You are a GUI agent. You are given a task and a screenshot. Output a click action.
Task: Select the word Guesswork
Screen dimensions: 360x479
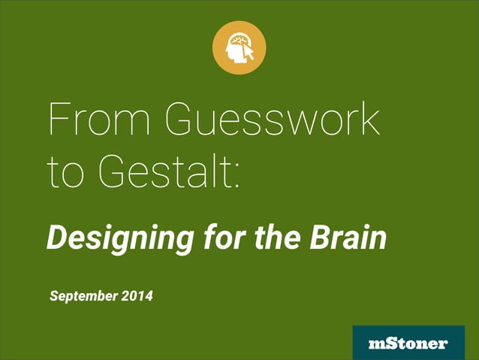click(x=272, y=121)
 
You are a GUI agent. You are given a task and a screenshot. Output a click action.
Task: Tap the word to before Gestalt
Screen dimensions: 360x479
click(x=63, y=172)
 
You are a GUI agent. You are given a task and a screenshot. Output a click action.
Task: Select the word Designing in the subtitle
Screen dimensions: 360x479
click(x=113, y=239)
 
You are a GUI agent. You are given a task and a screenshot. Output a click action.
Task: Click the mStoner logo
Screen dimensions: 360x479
click(x=408, y=343)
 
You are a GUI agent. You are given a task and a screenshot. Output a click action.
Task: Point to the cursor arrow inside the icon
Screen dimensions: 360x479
click(x=249, y=54)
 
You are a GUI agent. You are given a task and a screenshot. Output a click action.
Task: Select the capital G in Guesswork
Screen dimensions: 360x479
click(x=181, y=121)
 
